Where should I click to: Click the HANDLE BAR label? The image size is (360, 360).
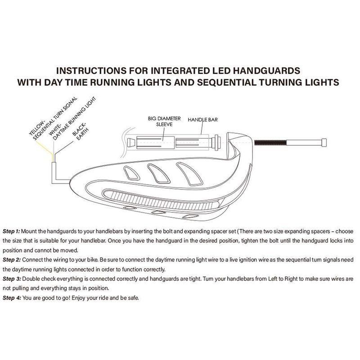(x=202, y=120)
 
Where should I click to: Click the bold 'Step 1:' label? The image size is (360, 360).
(x=11, y=230)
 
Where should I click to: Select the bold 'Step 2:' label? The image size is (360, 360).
(x=11, y=261)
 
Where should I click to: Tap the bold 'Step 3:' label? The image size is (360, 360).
(x=11, y=279)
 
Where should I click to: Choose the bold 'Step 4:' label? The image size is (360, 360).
(x=11, y=298)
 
